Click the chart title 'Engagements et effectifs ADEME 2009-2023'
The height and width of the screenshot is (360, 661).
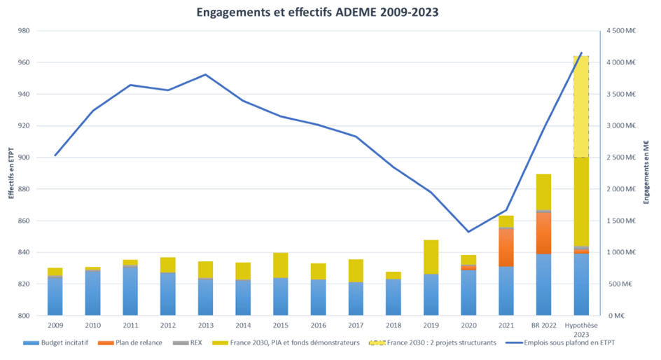[330, 12]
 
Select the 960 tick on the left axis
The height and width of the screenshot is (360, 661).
[22, 62]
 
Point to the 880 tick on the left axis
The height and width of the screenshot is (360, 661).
[22, 189]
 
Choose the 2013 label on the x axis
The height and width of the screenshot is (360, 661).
[205, 326]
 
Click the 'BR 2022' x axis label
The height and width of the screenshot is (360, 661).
[543, 326]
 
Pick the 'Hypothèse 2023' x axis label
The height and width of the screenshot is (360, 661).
[581, 329]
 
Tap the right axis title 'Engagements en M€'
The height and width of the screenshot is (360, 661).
[649, 173]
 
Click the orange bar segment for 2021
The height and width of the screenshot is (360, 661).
[506, 247]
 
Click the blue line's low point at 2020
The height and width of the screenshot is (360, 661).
[468, 232]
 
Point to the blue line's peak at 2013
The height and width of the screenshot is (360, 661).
[205, 74]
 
